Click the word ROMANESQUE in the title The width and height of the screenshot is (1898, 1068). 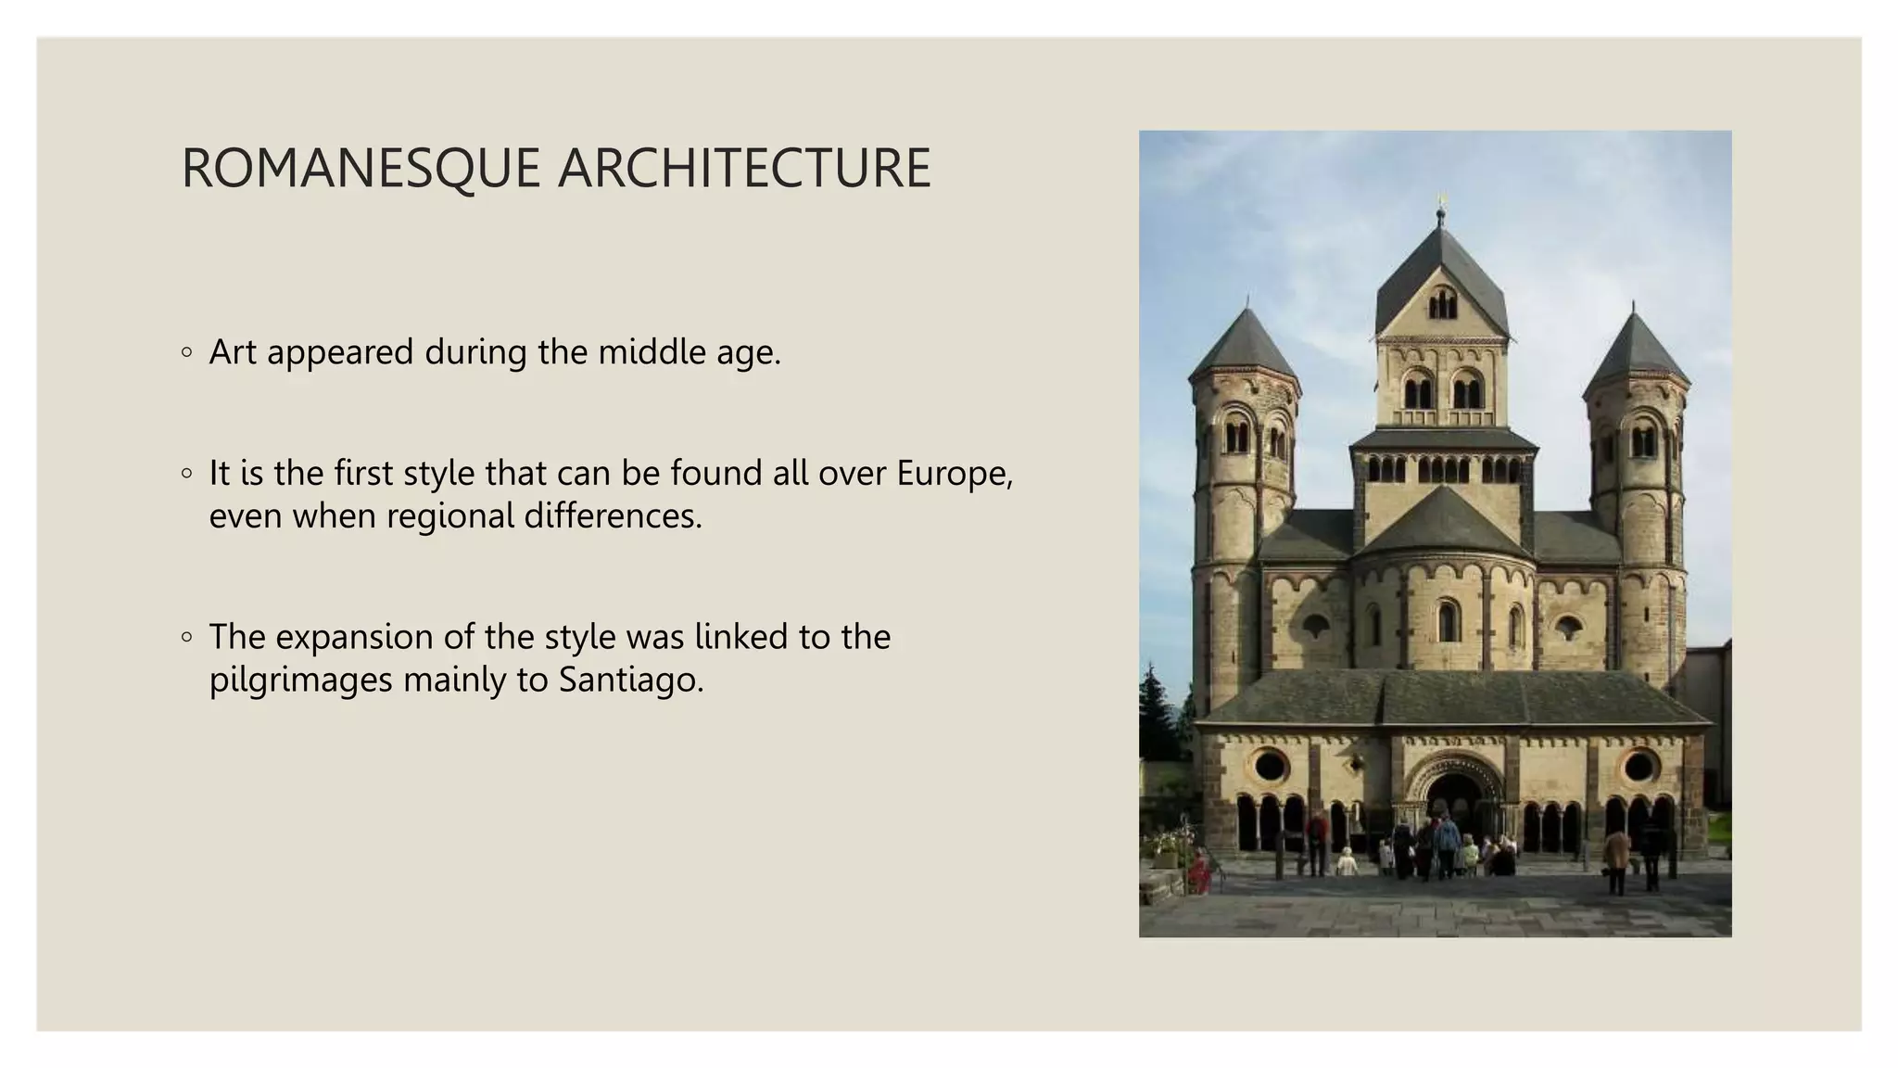(361, 169)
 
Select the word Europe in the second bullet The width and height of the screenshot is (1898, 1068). (954, 474)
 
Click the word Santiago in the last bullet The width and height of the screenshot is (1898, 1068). (630, 680)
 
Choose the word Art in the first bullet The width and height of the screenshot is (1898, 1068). (233, 352)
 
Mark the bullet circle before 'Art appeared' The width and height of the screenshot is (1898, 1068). (187, 352)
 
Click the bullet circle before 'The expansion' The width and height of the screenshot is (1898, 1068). (187, 637)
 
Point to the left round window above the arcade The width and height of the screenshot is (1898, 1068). (1270, 767)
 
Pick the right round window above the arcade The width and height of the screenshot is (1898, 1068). (1639, 767)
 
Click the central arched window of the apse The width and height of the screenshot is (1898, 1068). (1447, 621)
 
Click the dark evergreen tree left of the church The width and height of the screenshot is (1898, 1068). (1155, 714)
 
